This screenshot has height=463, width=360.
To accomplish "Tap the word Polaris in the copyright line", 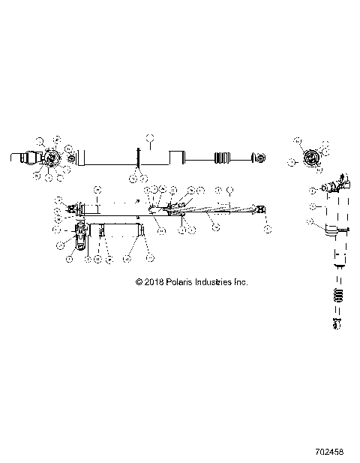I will coord(178,282).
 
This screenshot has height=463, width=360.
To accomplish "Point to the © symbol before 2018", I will coord(139,282).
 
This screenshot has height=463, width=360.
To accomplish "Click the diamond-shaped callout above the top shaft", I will coord(149,137).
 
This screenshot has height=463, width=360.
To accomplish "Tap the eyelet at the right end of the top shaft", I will coord(259,158).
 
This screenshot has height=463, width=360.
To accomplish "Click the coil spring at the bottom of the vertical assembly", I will coord(338,294).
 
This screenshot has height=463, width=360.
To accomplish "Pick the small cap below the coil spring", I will coord(338,323).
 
